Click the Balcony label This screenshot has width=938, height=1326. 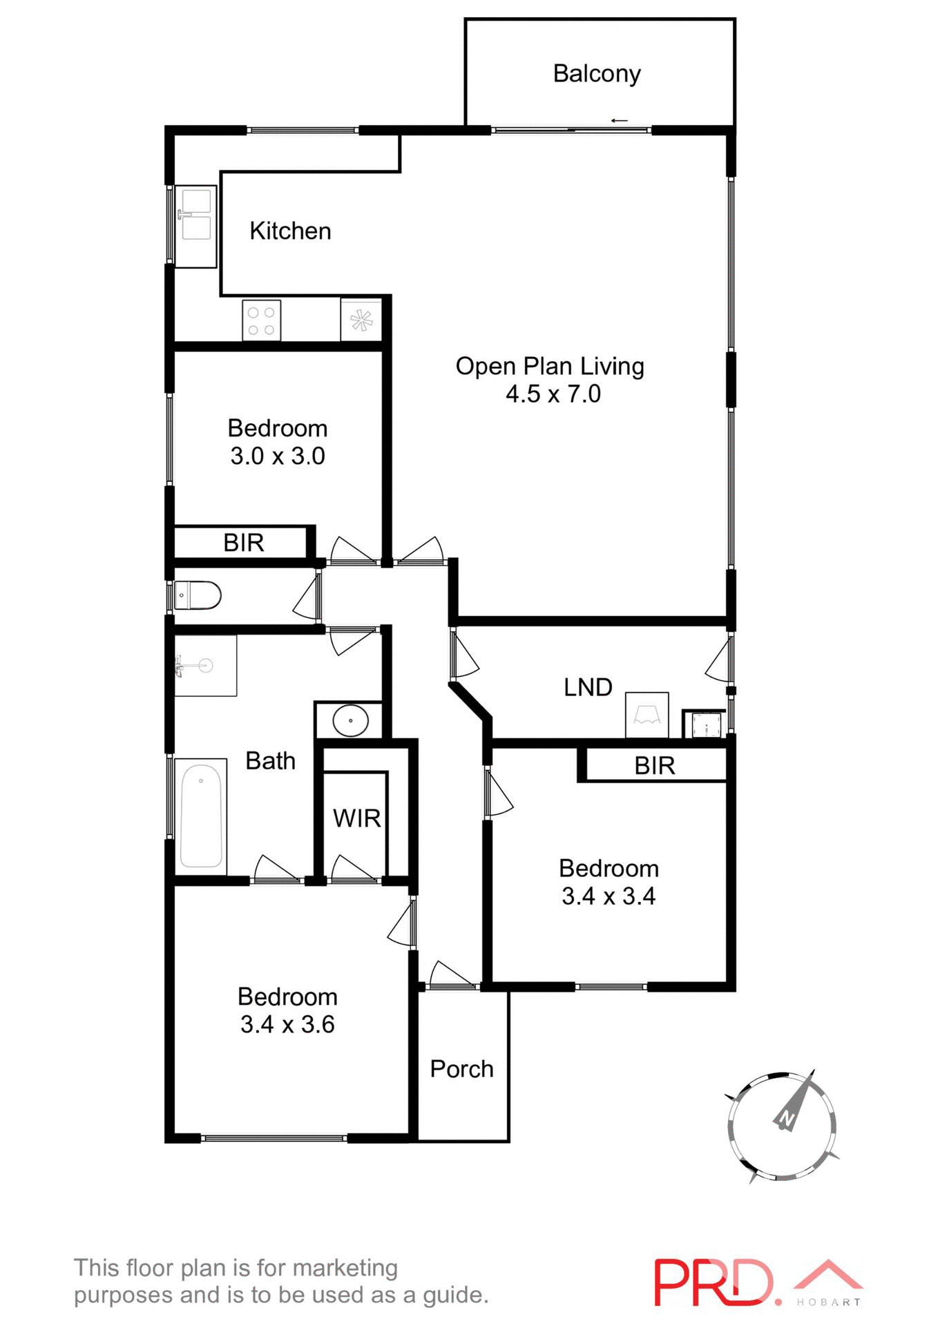point(597,73)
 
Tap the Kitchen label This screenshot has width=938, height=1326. point(290,231)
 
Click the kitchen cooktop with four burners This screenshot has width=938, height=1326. point(261,320)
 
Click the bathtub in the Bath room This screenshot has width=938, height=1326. point(201,816)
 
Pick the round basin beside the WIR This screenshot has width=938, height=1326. point(350,720)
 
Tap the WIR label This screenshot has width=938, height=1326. point(356,818)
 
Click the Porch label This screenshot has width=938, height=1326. point(461,1069)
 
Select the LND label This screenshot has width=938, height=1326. point(588,687)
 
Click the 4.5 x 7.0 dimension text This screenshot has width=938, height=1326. point(553,394)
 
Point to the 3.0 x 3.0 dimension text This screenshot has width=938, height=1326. point(277,457)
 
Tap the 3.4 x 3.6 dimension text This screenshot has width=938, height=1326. point(287,1024)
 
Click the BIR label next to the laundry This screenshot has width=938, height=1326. point(654,766)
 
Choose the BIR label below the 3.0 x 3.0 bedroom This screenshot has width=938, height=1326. point(243,543)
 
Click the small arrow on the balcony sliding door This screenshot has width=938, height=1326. point(619,122)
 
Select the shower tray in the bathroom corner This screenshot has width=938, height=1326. point(205,666)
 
